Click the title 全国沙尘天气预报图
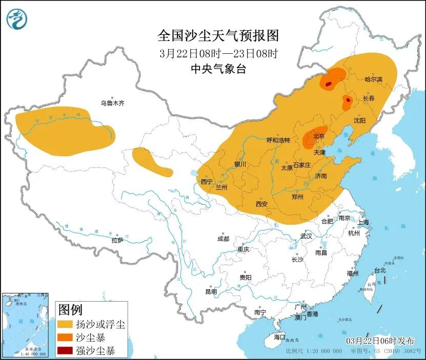(x=218, y=35)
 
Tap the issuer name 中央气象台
(x=218, y=69)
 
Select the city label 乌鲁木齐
(x=112, y=103)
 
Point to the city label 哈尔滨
(x=374, y=79)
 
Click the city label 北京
(x=319, y=136)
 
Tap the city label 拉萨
(x=117, y=240)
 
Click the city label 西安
(x=261, y=204)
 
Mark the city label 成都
(x=223, y=239)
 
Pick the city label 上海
(x=363, y=222)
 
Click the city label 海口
(x=279, y=337)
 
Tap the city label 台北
(x=380, y=270)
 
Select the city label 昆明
(x=211, y=291)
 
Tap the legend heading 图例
(x=70, y=309)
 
